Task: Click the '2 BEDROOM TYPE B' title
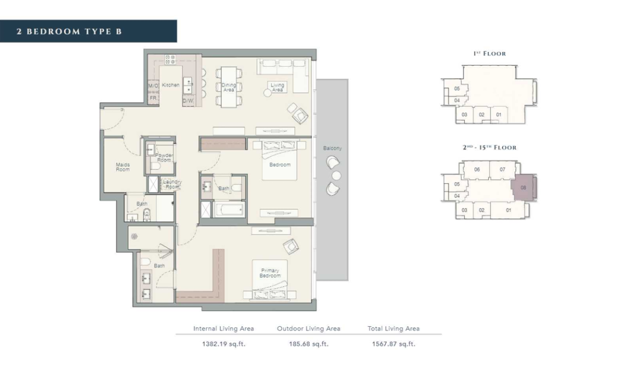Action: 69,31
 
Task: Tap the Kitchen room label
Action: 171,85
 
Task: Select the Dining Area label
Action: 229,87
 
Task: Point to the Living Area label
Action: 277,87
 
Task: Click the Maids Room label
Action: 123,167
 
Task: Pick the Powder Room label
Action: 164,157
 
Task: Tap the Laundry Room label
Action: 172,184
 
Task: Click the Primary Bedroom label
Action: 270,273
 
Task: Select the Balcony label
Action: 333,148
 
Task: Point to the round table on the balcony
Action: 336,175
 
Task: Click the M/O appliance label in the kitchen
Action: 153,86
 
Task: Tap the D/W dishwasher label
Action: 188,101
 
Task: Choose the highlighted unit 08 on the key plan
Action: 523,188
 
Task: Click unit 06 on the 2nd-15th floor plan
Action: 477,169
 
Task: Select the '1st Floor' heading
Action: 489,54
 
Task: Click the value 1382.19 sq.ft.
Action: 223,344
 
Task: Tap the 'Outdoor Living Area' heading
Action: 308,329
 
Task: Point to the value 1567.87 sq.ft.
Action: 393,344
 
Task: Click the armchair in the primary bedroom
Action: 291,247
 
